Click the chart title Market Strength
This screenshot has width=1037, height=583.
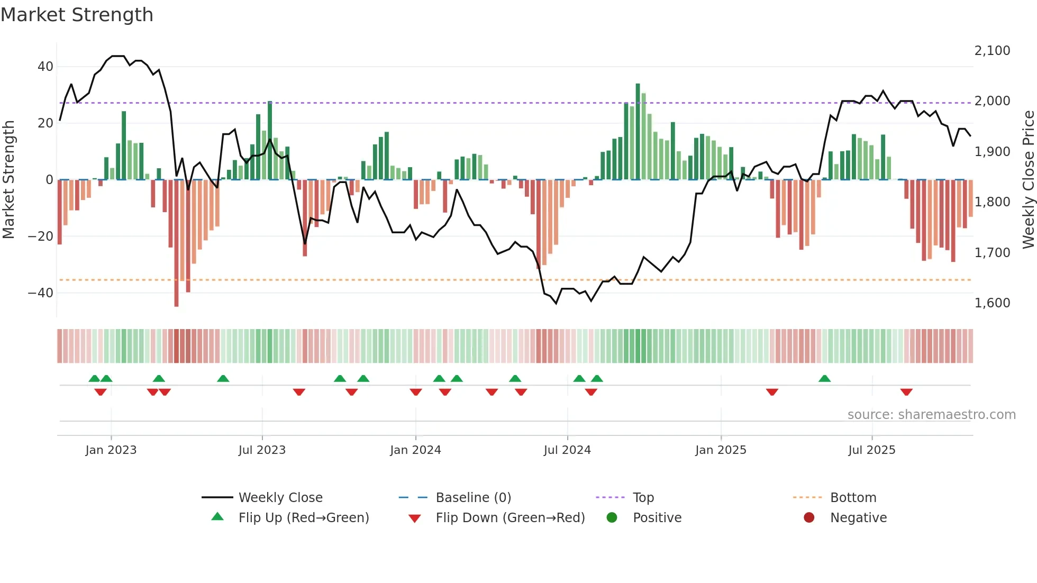pyautogui.click(x=77, y=15)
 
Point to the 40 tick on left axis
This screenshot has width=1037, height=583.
pyautogui.click(x=45, y=67)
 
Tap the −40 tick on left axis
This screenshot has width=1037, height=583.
pyautogui.click(x=41, y=293)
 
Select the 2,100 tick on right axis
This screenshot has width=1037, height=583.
pyautogui.click(x=992, y=51)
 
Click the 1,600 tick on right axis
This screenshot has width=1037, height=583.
pyautogui.click(x=992, y=303)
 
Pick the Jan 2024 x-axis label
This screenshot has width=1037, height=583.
pyautogui.click(x=415, y=450)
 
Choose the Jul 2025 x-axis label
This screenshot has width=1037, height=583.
pyautogui.click(x=871, y=450)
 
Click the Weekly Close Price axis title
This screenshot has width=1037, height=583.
pyautogui.click(x=1028, y=180)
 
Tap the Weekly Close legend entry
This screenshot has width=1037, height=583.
pyautogui.click(x=280, y=498)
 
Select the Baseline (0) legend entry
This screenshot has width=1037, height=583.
pyautogui.click(x=473, y=498)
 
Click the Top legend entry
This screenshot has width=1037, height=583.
pyautogui.click(x=643, y=498)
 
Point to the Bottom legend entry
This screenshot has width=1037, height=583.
pyautogui.click(x=853, y=498)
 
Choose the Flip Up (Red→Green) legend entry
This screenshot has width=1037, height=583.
pyautogui.click(x=303, y=518)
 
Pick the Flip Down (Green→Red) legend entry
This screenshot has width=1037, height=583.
pyautogui.click(x=510, y=518)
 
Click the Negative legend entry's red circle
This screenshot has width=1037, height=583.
pyautogui.click(x=809, y=518)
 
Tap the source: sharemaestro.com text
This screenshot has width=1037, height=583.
pyautogui.click(x=931, y=415)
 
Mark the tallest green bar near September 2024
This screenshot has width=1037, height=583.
pyautogui.click(x=638, y=132)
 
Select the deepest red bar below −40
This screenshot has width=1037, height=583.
pyautogui.click(x=176, y=243)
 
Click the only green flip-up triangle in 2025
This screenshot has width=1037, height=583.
pyautogui.click(x=824, y=378)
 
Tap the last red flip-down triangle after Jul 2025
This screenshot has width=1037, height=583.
pyautogui.click(x=906, y=392)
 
